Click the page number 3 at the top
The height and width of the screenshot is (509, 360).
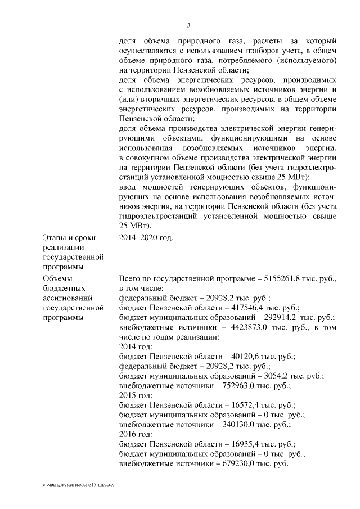tap(188, 24)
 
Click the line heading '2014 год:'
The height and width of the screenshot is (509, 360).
tap(136, 347)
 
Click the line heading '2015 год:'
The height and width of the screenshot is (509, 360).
tap(136, 396)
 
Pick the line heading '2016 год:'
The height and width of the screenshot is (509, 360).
tap(136, 435)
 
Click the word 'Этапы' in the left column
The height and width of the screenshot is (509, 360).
tap(53, 237)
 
